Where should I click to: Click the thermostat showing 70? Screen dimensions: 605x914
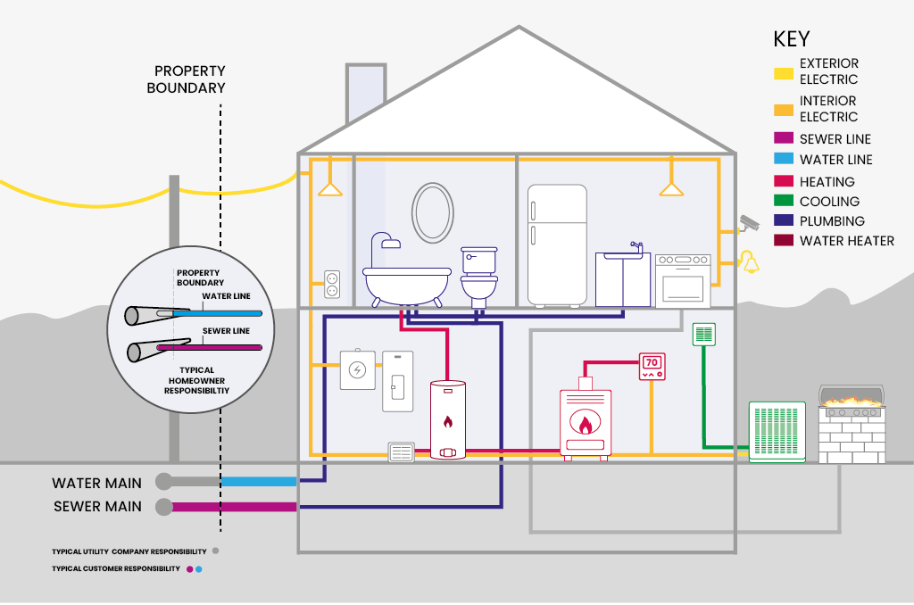[652, 366]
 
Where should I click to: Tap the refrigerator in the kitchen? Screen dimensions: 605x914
[557, 244]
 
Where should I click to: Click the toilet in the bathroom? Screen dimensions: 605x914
[478, 275]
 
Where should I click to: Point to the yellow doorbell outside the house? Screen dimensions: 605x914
[747, 261]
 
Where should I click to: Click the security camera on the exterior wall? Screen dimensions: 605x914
[747, 221]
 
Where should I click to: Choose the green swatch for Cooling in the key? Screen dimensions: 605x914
[784, 202]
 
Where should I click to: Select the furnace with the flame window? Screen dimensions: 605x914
[586, 423]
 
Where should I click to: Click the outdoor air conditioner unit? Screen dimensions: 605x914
[777, 432]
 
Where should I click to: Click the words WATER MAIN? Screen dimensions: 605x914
[96, 483]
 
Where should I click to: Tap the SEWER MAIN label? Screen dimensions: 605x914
[96, 508]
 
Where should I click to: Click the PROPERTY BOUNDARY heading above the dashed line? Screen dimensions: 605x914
[190, 79]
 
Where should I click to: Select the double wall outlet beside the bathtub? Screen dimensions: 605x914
[332, 285]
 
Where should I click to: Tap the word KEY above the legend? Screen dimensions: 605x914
[791, 39]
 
